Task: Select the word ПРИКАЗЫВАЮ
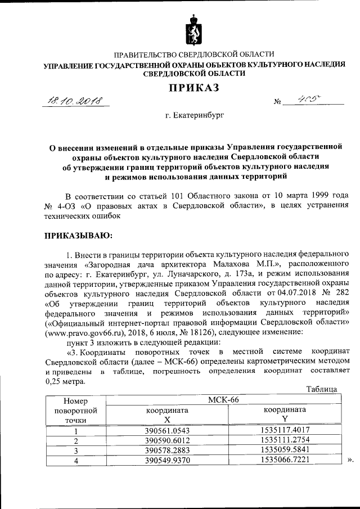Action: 78,233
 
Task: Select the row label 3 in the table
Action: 75,451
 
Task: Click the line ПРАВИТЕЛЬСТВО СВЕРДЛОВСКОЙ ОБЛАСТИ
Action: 194,55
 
